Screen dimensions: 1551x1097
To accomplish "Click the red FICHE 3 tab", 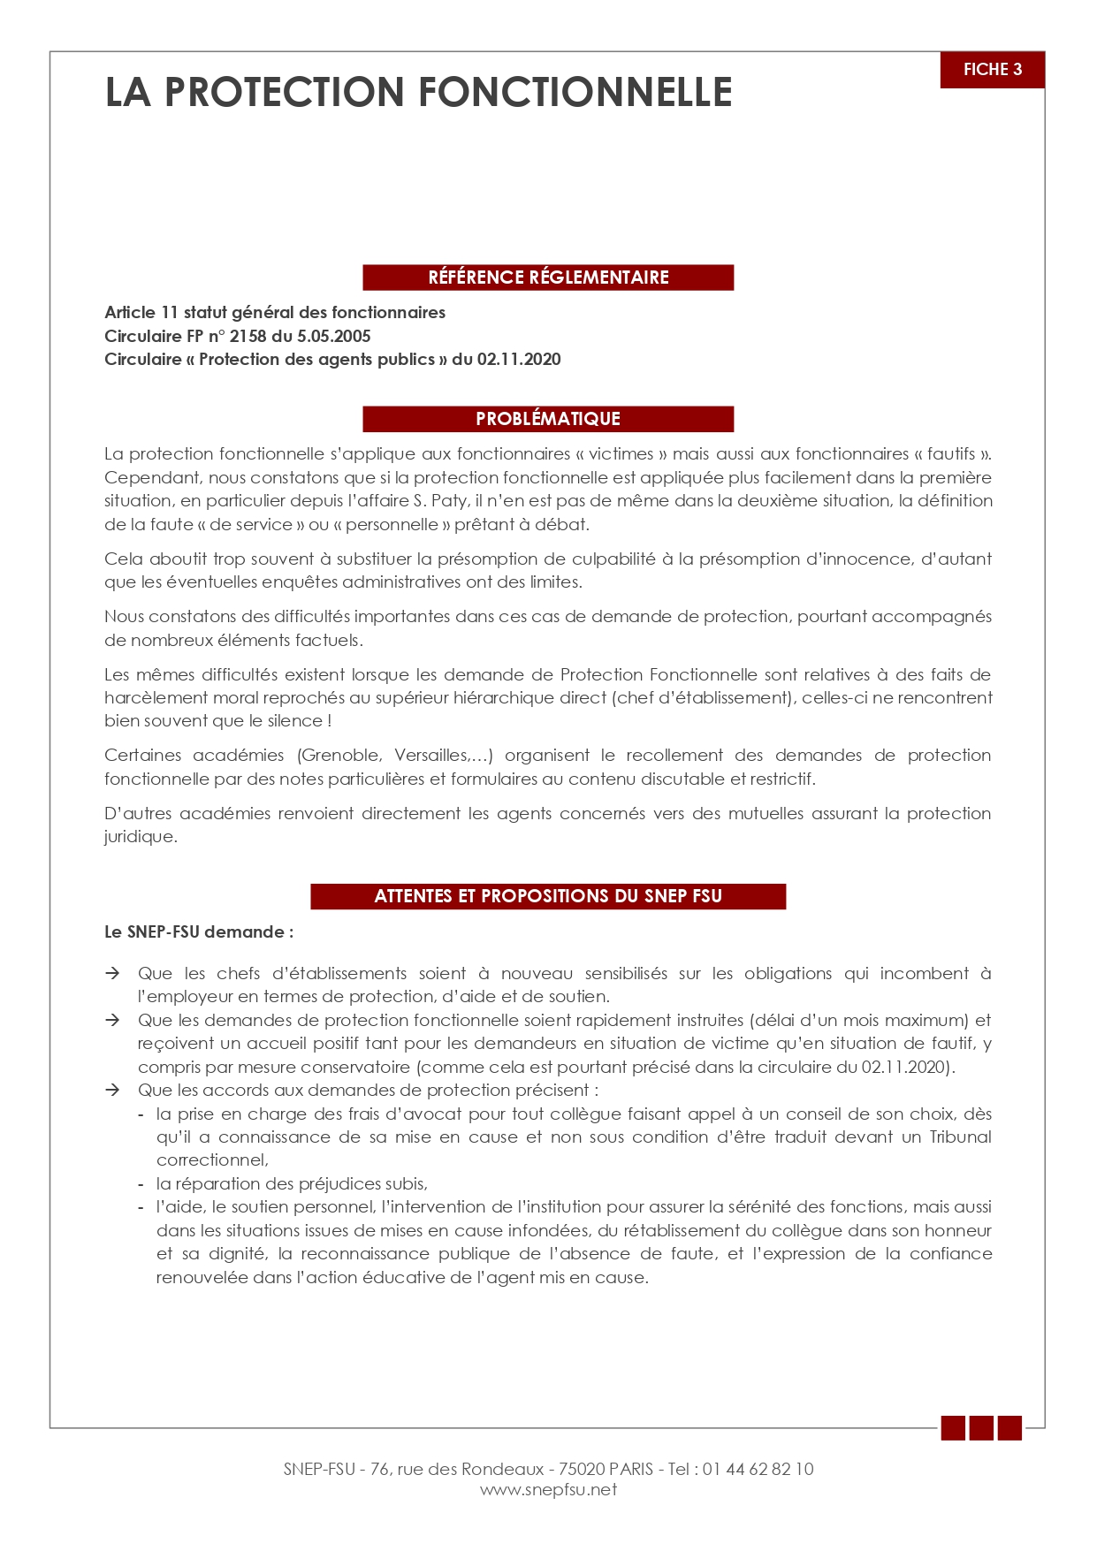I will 992,70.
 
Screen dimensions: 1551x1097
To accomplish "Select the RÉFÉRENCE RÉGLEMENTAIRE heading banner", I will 548,278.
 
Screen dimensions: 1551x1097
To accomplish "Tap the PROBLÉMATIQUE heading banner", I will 548,419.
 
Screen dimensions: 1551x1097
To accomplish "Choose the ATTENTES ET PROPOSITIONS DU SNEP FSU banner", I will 548,896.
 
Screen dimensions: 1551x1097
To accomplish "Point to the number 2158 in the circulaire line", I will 248,336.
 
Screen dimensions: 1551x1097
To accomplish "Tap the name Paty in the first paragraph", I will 449,501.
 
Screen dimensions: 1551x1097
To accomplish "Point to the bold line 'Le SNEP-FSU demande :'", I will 199,932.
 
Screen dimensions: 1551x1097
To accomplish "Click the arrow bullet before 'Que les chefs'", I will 112,973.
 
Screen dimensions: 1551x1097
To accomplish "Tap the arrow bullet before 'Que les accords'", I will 112,1090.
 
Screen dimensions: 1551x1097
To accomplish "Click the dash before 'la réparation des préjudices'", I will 141,1184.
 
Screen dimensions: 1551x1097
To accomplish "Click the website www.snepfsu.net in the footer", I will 548,1490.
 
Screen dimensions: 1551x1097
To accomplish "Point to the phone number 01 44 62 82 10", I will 758,1469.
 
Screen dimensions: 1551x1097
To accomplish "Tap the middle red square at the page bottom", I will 981,1428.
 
